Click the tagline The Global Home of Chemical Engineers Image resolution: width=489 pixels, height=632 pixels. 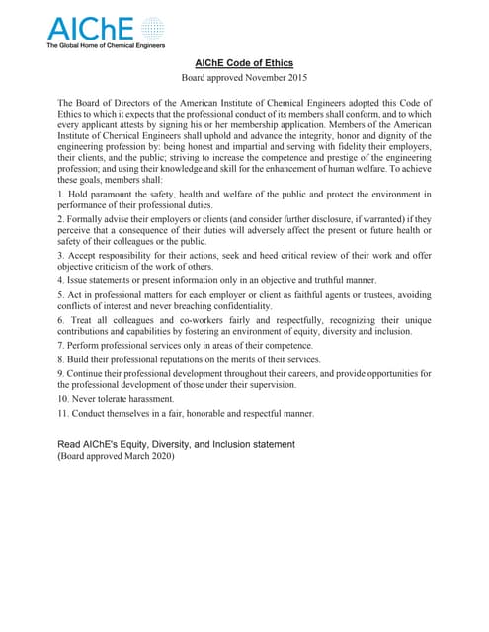[106, 45]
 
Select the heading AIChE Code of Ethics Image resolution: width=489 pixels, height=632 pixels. [244, 64]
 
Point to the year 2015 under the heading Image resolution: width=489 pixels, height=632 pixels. [293, 77]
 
